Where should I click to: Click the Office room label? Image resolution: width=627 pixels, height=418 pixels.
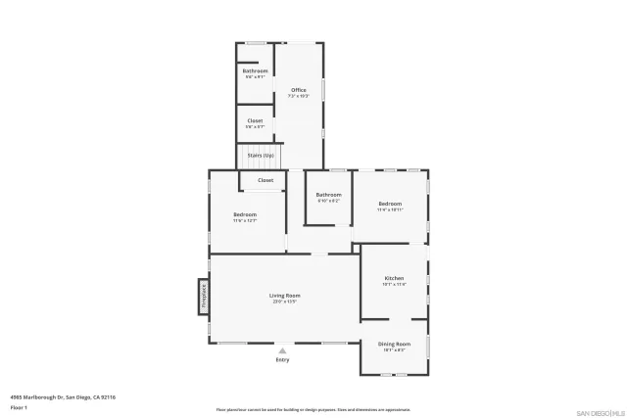pos(298,90)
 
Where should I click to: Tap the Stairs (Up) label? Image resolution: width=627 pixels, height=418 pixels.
pos(261,155)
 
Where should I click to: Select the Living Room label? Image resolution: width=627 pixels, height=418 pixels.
pos(285,295)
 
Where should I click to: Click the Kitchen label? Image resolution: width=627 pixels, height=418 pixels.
pos(393,278)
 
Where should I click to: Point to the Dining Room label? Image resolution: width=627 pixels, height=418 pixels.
pos(394,344)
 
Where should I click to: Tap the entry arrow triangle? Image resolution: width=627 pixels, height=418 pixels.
pos(282,349)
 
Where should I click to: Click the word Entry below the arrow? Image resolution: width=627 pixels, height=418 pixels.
pos(282,359)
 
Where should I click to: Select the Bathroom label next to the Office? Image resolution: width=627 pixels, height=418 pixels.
pos(255,70)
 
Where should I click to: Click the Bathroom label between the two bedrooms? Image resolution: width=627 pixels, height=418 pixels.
pos(328,194)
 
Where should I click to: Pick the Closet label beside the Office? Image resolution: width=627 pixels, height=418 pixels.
pos(255,120)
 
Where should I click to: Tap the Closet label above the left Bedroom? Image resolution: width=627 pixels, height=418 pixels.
pos(265,180)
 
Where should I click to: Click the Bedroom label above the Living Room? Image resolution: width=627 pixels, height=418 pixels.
pos(244,214)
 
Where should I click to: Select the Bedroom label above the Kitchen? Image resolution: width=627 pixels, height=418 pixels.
pos(389,204)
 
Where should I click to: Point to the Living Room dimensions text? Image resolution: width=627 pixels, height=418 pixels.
pos(285,302)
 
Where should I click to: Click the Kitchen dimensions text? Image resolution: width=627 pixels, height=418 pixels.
pos(393,285)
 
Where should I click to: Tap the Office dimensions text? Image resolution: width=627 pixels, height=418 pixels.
pos(298,96)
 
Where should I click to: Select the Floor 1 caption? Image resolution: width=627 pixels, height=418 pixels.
pos(18,406)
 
